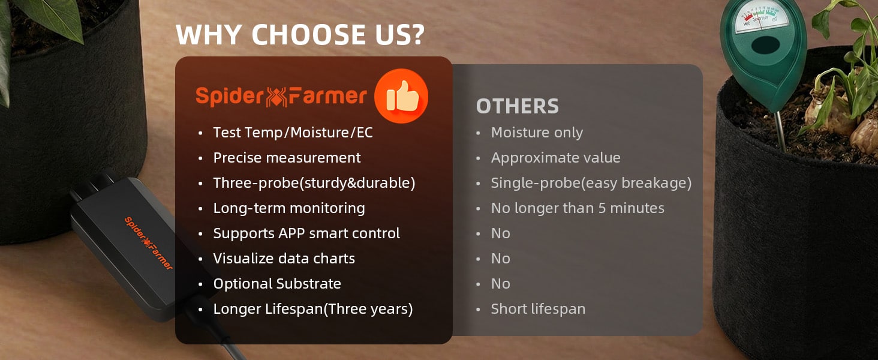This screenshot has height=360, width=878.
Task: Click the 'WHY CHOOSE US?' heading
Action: click(x=300, y=35)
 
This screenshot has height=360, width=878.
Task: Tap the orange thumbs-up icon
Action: click(x=401, y=96)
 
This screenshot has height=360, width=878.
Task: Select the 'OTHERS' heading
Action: click(x=518, y=106)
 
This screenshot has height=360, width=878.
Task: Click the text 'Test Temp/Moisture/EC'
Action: click(x=293, y=133)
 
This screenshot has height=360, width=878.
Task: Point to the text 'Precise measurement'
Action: click(x=287, y=158)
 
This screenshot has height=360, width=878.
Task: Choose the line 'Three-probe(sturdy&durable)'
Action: click(x=314, y=183)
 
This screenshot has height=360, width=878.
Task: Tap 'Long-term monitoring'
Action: click(x=289, y=208)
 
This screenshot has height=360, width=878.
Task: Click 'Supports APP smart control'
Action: click(x=306, y=233)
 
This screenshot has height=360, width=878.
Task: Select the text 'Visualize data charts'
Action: click(x=284, y=259)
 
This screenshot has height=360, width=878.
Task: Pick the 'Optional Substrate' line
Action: click(x=277, y=284)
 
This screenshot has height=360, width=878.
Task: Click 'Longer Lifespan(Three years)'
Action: click(x=313, y=309)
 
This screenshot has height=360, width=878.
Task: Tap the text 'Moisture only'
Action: click(x=537, y=133)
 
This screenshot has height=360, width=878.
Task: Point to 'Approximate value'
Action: click(x=556, y=158)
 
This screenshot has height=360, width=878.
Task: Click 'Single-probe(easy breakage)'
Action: click(x=591, y=183)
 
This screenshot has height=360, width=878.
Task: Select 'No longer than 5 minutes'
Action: click(x=578, y=208)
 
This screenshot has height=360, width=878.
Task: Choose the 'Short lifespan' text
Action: click(x=538, y=309)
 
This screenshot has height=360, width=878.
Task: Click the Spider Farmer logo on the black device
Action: click(x=149, y=244)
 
